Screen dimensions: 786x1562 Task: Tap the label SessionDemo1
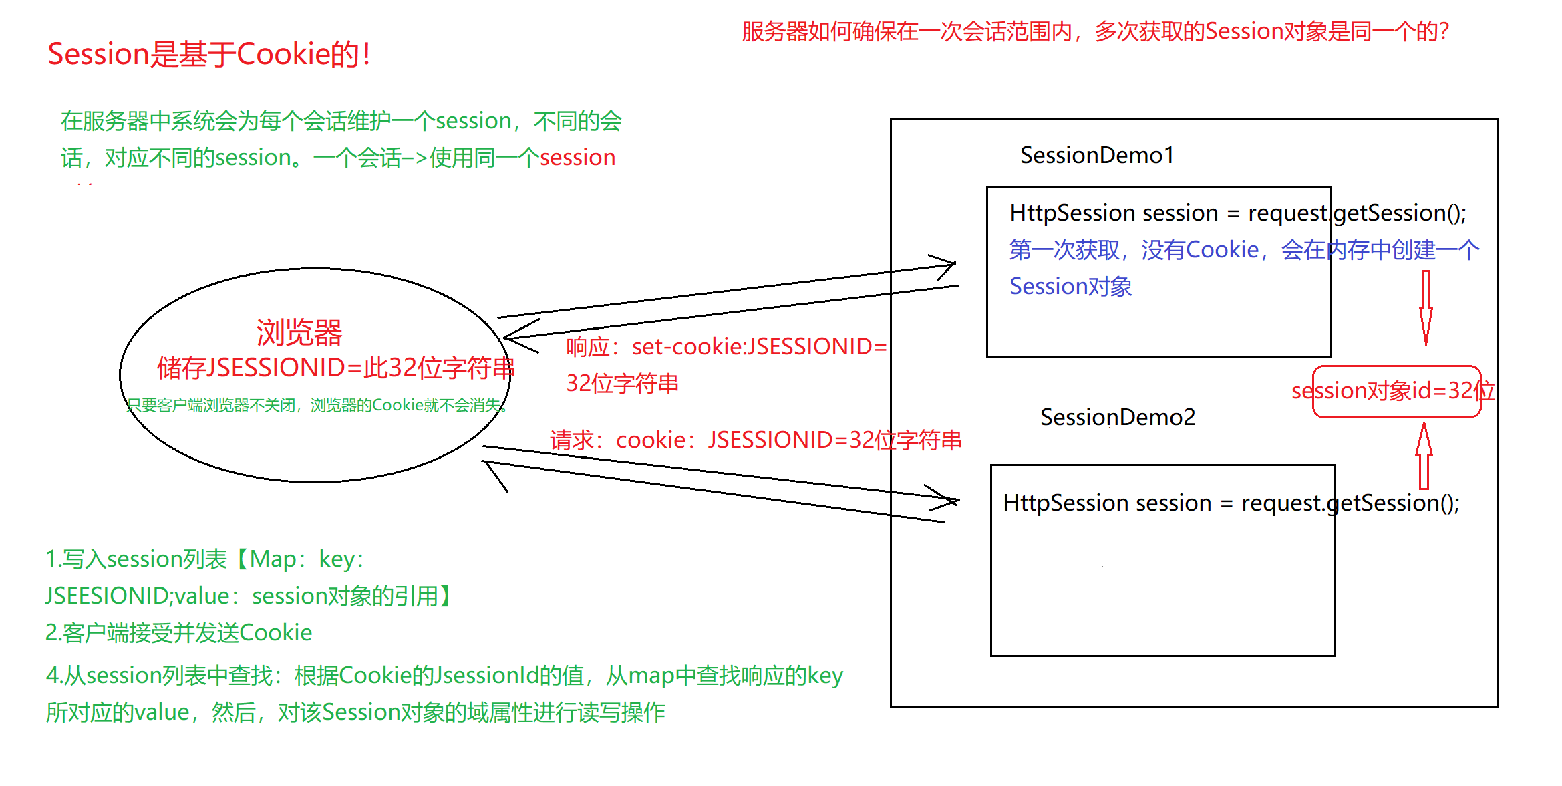tap(1096, 156)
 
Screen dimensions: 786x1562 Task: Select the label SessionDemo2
tap(1117, 418)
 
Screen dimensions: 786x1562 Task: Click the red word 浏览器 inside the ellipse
tap(299, 333)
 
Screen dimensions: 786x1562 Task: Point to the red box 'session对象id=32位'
tap(1396, 392)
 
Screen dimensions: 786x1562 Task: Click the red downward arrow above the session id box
tap(1425, 307)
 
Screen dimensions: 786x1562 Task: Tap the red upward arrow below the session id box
tap(1424, 456)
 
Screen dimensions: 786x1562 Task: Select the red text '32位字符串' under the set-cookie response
tap(622, 384)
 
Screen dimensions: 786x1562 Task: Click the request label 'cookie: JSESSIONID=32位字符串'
tap(755, 440)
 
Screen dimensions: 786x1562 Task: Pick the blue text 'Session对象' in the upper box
tap(1070, 287)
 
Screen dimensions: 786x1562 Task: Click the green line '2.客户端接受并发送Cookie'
tap(178, 633)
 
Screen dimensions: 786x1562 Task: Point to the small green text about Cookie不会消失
tap(317, 406)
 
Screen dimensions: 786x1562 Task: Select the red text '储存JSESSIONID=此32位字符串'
tap(335, 368)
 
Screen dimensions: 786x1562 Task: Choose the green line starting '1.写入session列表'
tap(204, 559)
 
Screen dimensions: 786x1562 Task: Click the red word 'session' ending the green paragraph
tap(577, 158)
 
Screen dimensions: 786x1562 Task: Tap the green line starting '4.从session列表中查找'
tap(444, 676)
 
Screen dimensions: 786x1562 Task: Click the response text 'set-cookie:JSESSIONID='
tap(759, 347)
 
